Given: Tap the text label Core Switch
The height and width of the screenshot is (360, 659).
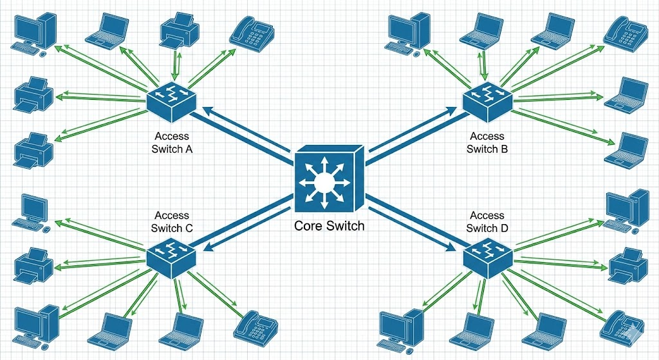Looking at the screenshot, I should point(329,226).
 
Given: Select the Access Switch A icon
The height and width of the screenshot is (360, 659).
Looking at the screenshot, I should point(171,99).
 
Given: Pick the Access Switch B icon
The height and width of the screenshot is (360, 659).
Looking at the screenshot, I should point(487,99).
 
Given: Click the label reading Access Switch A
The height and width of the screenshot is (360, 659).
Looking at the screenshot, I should point(172,142).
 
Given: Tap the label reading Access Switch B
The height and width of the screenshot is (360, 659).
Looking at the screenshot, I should point(487,142).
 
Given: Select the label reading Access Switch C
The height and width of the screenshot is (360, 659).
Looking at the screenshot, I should point(172,222).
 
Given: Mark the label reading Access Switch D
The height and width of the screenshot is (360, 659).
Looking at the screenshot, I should point(487,222).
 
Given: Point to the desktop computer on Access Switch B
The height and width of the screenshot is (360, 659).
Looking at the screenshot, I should point(409,32).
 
